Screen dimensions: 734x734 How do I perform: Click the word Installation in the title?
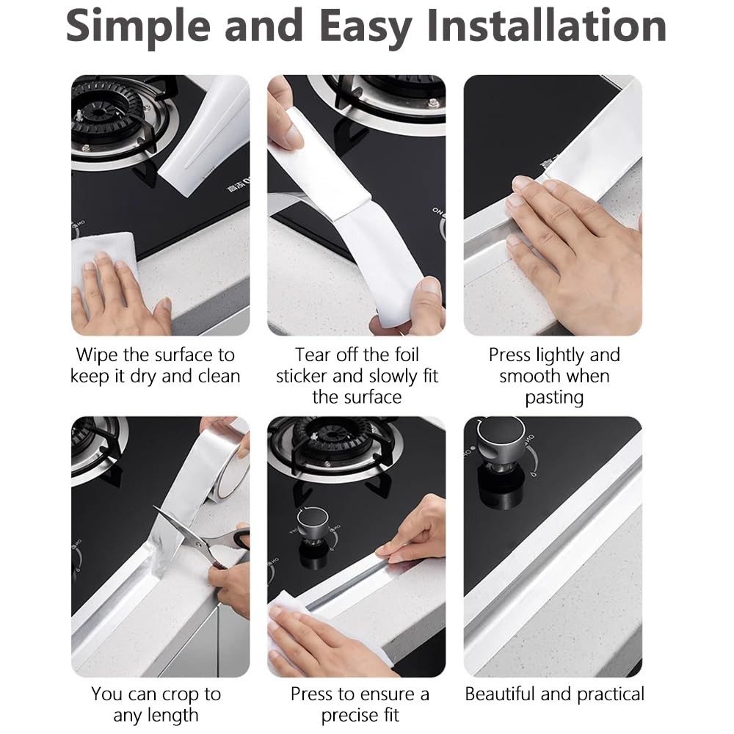click(547, 26)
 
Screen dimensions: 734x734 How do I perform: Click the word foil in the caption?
click(407, 355)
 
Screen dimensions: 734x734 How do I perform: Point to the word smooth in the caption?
click(531, 377)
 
